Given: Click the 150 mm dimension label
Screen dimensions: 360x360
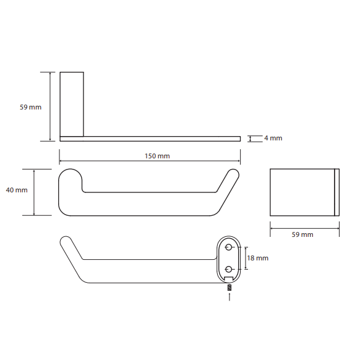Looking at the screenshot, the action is pyautogui.click(x=157, y=156).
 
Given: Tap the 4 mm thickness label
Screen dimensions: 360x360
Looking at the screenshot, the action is pyautogui.click(x=273, y=138).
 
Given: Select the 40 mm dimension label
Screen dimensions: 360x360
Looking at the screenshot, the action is pyautogui.click(x=17, y=190).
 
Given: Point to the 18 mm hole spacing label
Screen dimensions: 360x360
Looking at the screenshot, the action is pyautogui.click(x=257, y=258).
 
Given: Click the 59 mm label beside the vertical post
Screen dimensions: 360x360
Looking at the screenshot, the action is pyautogui.click(x=30, y=107).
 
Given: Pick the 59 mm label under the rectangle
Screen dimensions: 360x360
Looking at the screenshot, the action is pyautogui.click(x=302, y=234).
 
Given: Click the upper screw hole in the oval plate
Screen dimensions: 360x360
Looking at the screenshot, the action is pyautogui.click(x=228, y=247).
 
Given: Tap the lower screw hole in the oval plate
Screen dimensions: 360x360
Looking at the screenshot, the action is pyautogui.click(x=228, y=269).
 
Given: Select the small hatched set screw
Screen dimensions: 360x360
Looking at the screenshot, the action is pyautogui.click(x=229, y=288).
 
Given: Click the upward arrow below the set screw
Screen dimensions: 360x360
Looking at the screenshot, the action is pyautogui.click(x=229, y=296).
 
